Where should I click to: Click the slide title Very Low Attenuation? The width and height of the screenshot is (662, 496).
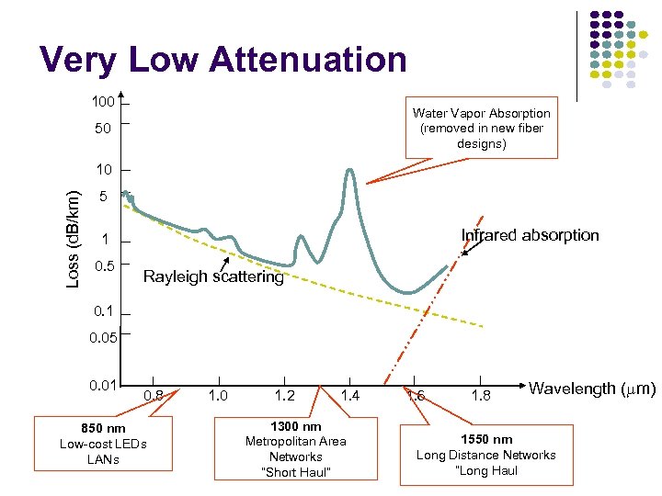[223, 60]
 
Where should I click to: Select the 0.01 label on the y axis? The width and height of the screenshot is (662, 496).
[103, 385]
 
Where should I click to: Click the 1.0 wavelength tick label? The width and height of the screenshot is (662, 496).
[219, 395]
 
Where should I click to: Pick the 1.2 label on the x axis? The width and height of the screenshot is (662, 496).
[284, 395]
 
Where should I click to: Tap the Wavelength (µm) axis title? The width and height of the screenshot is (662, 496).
[592, 389]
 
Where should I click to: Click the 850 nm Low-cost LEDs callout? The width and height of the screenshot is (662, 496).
[102, 443]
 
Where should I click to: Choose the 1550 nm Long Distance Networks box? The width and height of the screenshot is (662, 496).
[485, 455]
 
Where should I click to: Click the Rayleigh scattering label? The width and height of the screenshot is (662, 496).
[213, 277]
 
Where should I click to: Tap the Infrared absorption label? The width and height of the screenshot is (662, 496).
[530, 235]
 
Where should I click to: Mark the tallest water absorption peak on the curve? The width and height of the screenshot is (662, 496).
[349, 171]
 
